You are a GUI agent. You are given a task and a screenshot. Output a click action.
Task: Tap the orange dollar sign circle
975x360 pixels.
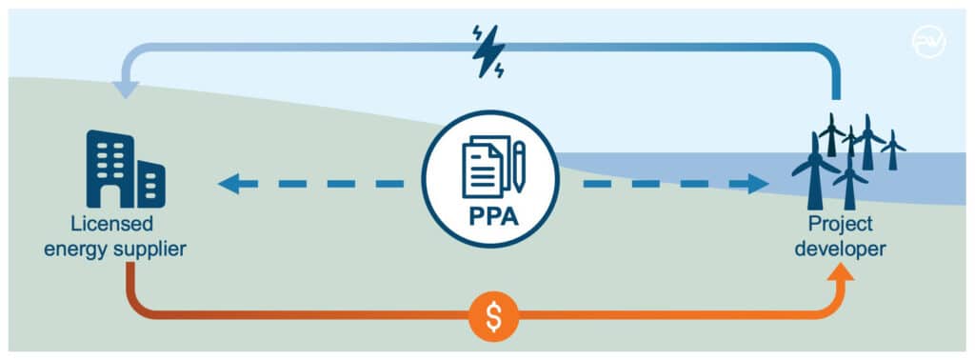pos(494,316)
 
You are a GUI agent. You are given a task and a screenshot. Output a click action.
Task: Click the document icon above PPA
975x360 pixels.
pos(483,165)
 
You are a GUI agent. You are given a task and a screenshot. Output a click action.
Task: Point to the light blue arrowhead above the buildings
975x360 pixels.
pos(125,90)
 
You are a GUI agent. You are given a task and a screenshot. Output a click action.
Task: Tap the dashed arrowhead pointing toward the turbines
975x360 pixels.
pos(759,183)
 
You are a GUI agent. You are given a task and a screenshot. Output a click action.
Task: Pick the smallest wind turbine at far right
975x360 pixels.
pos(893,150)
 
